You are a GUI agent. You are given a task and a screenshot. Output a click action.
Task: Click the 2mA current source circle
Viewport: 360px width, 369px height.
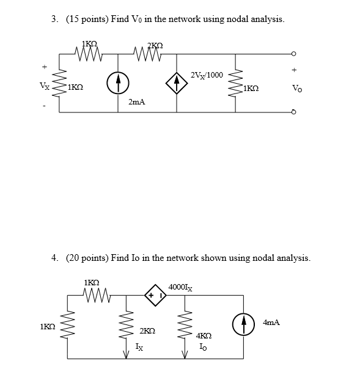(x=118, y=83)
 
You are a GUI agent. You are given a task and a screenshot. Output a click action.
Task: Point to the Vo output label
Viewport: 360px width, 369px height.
(x=297, y=89)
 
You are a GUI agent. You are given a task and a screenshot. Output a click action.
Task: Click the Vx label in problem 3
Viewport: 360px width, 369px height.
(x=45, y=86)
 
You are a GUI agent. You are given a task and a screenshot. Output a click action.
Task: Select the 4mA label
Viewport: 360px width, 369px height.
(x=272, y=321)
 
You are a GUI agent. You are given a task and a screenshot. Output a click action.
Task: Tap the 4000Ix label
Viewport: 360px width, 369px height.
(x=180, y=288)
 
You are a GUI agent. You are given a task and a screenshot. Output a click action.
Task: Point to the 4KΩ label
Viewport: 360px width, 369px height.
(x=204, y=336)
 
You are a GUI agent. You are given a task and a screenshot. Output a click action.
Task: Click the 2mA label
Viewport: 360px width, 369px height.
(x=136, y=103)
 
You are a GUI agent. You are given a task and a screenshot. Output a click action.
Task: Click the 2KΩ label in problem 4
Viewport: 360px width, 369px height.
(x=147, y=331)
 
